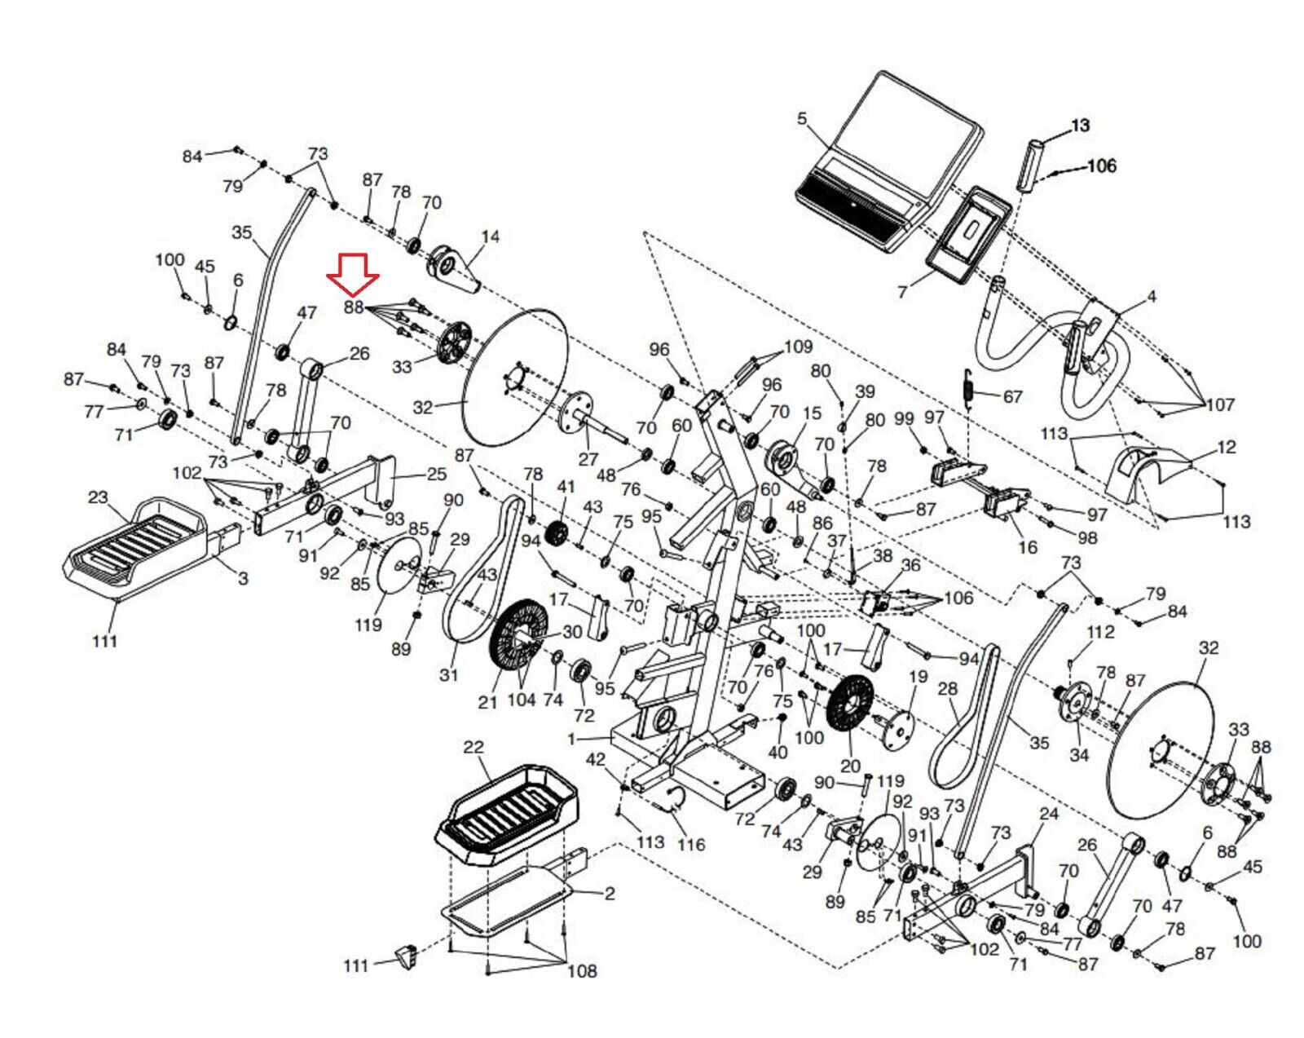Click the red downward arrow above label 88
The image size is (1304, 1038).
pos(353,274)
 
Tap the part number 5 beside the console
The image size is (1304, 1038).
pos(802,119)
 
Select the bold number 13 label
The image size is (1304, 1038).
pos(1080,126)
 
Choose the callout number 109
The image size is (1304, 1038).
pos(798,347)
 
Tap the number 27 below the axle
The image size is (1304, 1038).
pos(588,459)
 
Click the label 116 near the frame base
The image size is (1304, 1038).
pos(690,844)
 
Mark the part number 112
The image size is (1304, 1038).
pos(1100,632)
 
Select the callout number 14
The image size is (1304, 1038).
pos(490,236)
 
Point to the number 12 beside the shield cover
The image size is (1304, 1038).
pos(1226,447)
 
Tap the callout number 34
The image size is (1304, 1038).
pos(1078,755)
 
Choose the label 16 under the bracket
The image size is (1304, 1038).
pos(1028,547)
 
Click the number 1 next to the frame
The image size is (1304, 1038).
pos(571,739)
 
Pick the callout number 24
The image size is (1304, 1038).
pos(1049,814)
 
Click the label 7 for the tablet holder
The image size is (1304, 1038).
pos(902,291)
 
